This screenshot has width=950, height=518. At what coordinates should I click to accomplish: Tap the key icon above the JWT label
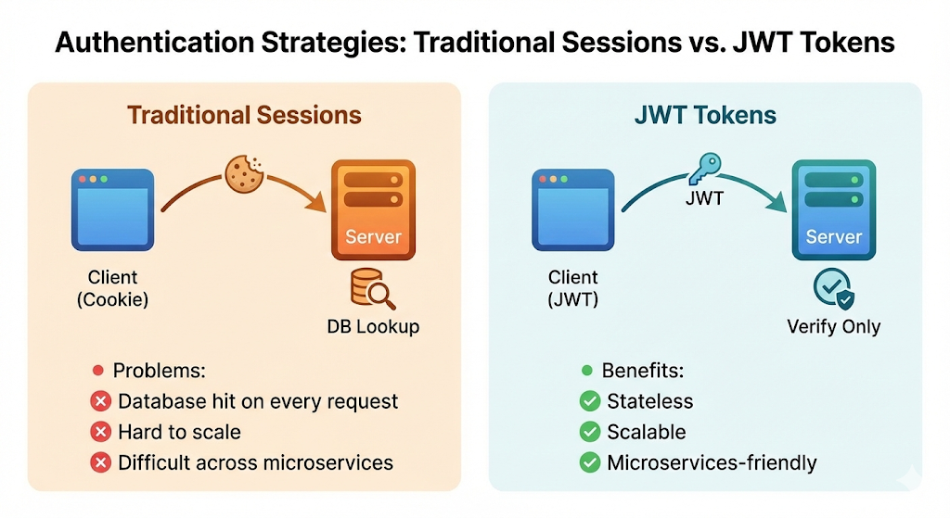point(700,171)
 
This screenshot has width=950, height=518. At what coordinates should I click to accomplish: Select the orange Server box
point(373,209)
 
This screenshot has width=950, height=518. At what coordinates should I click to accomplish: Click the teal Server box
point(832,209)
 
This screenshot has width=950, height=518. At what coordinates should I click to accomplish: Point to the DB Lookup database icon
point(373,290)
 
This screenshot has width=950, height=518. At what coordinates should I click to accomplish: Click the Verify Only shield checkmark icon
point(833,290)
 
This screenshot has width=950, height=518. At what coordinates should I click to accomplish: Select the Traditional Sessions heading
point(244,115)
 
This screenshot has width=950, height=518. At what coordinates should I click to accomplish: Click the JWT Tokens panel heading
point(705,115)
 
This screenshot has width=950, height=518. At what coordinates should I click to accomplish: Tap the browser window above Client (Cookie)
point(112,209)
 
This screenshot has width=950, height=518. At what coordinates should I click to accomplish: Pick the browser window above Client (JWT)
point(572,209)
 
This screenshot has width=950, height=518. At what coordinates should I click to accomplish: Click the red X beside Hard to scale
point(99,432)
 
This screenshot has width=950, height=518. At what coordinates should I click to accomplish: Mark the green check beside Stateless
point(588,402)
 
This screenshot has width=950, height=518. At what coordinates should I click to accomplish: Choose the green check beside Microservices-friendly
point(588,462)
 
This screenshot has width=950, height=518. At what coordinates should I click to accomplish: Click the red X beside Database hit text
point(99,402)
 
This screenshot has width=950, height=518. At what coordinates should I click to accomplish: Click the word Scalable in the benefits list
point(646,432)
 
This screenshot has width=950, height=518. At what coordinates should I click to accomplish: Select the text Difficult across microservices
point(255,462)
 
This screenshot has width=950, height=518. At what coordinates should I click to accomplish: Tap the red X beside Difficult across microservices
point(99,462)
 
